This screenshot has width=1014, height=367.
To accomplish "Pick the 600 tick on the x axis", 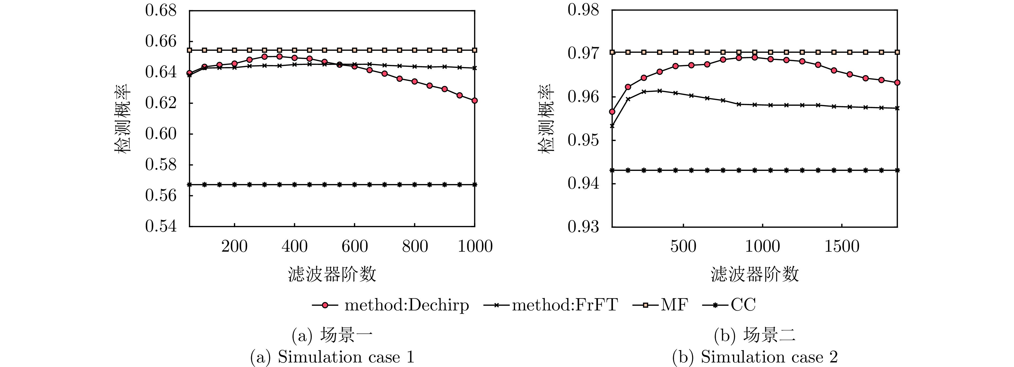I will click(x=354, y=247).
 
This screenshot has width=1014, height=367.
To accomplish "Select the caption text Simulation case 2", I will click(x=755, y=357).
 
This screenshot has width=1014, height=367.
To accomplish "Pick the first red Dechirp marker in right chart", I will click(x=612, y=112).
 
